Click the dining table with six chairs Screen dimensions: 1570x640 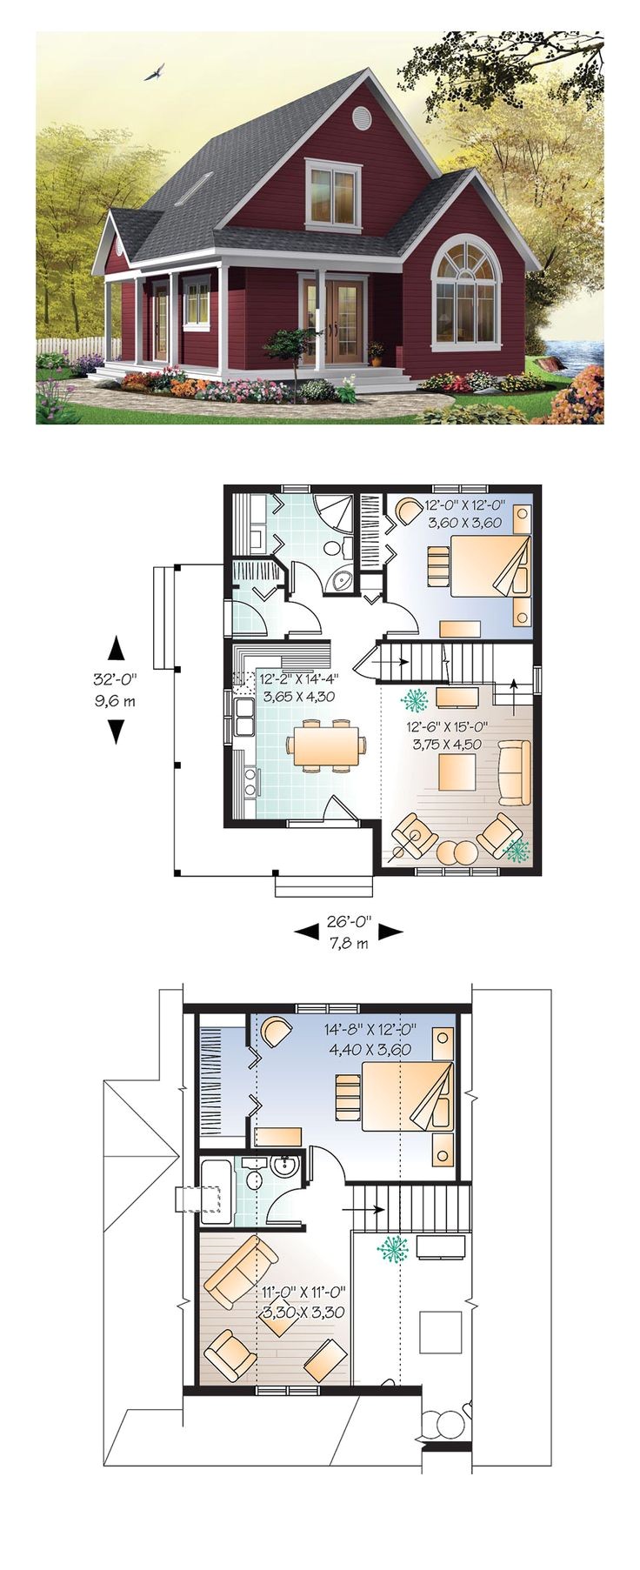click(x=321, y=746)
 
